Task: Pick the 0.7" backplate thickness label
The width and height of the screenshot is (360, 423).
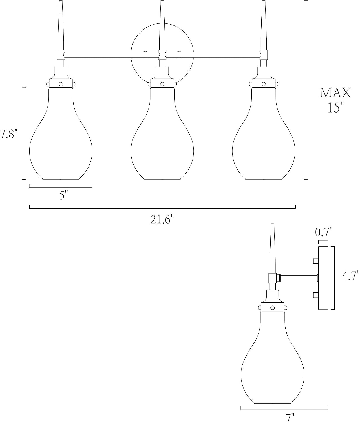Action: tap(324, 232)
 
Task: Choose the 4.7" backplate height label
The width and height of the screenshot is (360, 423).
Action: tap(351, 276)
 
